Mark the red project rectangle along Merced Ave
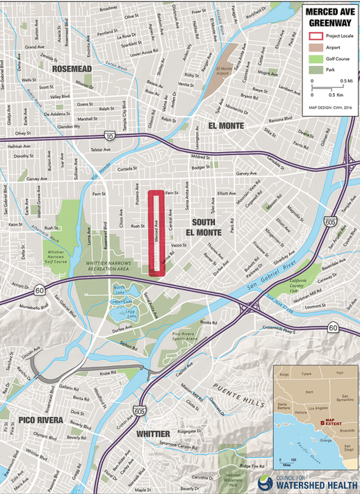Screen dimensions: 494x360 click(158, 232)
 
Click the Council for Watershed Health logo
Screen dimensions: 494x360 click(308, 481)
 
